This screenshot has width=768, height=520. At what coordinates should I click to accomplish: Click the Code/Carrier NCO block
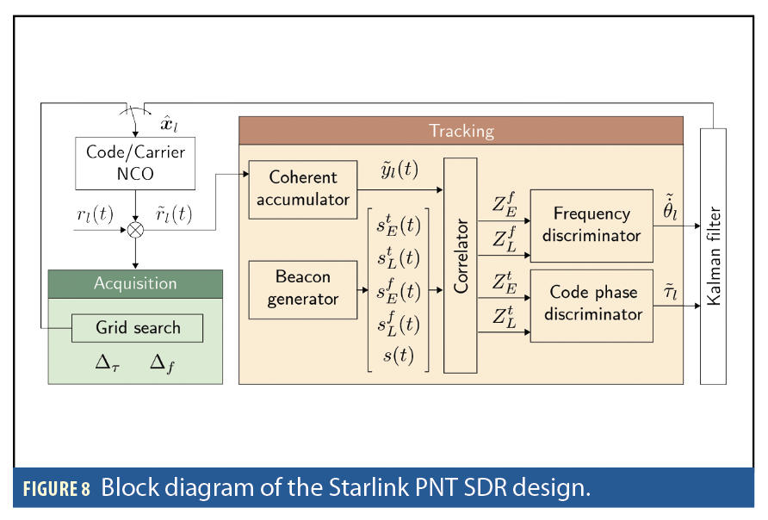pos(135,164)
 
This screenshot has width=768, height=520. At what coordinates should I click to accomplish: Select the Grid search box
pos(138,328)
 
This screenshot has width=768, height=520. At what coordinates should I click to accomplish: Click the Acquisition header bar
pos(135,283)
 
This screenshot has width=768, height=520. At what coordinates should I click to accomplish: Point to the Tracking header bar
pos(461,131)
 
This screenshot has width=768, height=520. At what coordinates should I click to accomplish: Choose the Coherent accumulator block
pos(302,189)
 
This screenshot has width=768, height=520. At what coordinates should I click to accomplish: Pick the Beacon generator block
pos(302,288)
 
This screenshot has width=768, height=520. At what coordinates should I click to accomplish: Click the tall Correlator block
pos(461,265)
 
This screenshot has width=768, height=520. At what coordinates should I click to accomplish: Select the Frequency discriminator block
pos(591,225)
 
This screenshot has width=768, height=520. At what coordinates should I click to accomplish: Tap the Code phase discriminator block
pos(591,304)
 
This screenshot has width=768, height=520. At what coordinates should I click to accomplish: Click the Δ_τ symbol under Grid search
pos(108,363)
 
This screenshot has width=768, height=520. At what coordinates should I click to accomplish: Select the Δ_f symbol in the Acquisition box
pos(161,363)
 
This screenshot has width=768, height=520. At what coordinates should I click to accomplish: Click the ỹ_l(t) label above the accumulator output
pos(399,170)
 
